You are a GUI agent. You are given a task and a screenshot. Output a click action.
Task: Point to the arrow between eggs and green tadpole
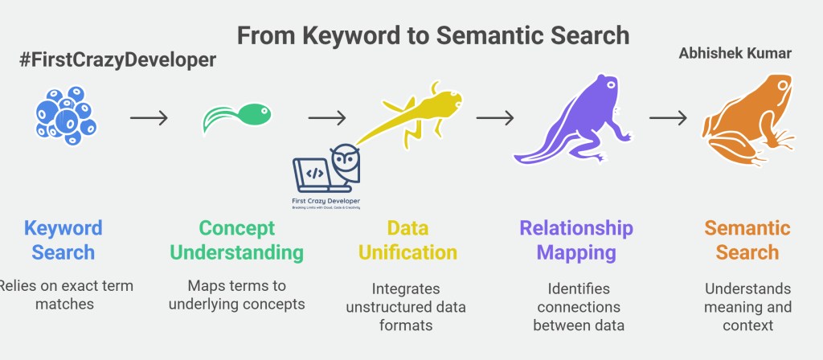pos(149,118)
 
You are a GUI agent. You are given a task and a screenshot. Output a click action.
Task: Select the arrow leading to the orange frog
pos(668,118)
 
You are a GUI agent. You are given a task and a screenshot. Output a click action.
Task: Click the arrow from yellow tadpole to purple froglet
pos(495,118)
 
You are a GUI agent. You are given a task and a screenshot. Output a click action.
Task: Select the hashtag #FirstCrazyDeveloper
pos(118,60)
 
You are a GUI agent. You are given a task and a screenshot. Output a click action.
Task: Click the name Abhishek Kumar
pos(735,54)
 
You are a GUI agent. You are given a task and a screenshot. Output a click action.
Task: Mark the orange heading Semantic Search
pos(747,239)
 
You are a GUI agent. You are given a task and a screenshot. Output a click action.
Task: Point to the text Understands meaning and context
pos(747,306)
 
